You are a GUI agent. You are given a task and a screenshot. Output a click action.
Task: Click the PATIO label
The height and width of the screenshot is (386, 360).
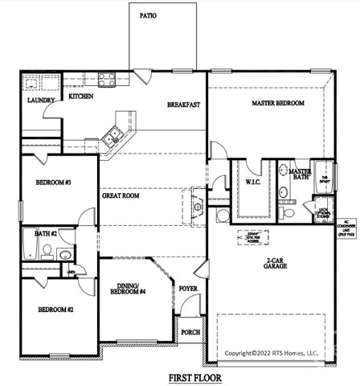pyautogui.click(x=148, y=15)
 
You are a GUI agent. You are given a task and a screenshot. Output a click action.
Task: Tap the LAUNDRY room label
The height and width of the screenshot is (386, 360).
pyautogui.click(x=40, y=101)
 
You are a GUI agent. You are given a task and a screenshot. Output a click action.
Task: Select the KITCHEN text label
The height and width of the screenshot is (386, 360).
pyautogui.click(x=81, y=96)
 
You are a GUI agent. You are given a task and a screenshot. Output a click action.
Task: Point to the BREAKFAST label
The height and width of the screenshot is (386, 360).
pyautogui.click(x=183, y=105)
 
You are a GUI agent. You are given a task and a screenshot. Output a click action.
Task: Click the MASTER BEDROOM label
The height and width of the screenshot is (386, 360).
pyautogui.click(x=277, y=104)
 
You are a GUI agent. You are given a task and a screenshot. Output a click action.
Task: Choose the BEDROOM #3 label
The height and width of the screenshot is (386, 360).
pyautogui.click(x=54, y=183)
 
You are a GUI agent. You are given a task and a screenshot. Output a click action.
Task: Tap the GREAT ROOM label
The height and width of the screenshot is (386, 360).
pyautogui.click(x=121, y=195)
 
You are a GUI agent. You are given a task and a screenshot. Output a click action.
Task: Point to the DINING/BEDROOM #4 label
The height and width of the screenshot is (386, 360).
pyautogui.click(x=130, y=290)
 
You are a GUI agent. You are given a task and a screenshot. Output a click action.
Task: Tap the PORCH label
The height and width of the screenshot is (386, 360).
pyautogui.click(x=190, y=332)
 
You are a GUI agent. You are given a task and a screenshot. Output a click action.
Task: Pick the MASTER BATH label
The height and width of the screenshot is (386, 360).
pyautogui.click(x=300, y=175)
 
